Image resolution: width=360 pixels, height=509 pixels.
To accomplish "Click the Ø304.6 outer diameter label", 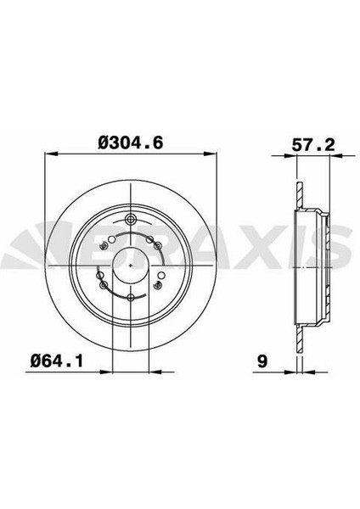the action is [x=130, y=143].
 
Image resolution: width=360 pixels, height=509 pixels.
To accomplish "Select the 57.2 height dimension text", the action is [x=313, y=145].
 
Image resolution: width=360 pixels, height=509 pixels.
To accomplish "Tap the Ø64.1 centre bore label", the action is [x=57, y=361].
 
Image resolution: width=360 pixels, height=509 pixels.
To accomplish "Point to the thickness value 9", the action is [x=262, y=361].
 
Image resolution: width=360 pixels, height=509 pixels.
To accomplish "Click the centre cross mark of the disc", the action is [x=131, y=266].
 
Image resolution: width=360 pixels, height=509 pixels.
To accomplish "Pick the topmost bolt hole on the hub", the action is [x=131, y=219].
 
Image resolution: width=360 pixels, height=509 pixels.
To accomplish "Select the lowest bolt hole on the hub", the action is [x=131, y=298].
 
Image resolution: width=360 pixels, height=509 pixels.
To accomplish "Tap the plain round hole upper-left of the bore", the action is [x=111, y=240].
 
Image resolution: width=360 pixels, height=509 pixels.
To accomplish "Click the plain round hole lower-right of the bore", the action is [x=160, y=276].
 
